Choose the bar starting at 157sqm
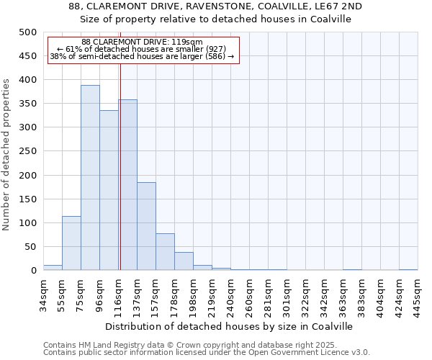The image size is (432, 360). click(x=165, y=251)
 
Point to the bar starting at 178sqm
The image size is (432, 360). click(x=184, y=261)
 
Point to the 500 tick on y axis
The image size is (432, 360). click(x=27, y=32)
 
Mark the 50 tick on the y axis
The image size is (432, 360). click(x=30, y=247)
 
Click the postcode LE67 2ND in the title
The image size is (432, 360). click(x=341, y=6)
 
